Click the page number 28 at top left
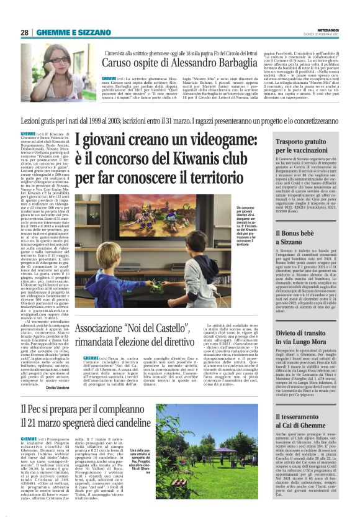tap(24, 32)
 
